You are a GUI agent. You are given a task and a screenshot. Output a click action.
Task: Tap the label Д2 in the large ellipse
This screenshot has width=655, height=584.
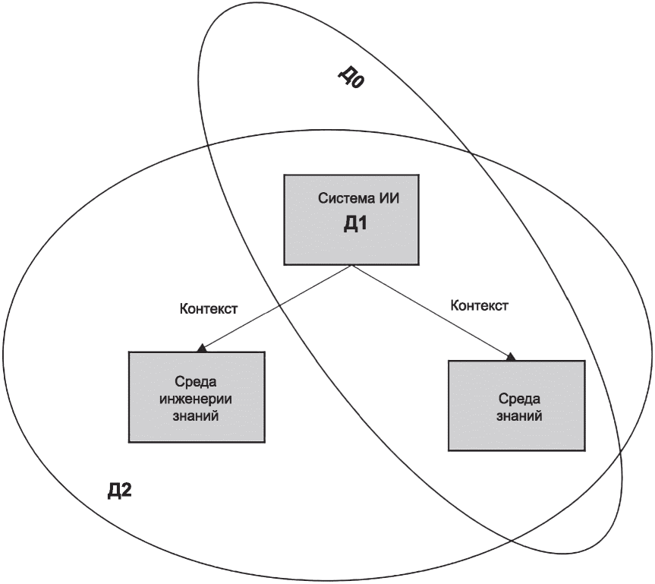click(x=120, y=490)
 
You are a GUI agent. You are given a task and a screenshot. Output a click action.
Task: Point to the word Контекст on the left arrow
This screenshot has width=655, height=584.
click(x=209, y=309)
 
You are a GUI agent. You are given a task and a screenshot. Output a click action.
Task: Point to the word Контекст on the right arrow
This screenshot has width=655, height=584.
click(x=480, y=306)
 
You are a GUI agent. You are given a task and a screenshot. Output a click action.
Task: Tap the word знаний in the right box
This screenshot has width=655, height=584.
click(x=517, y=415)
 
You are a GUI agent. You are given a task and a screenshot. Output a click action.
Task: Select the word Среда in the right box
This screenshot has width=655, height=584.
click(x=517, y=398)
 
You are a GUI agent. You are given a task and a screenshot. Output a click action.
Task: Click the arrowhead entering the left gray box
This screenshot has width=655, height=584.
click(x=201, y=349)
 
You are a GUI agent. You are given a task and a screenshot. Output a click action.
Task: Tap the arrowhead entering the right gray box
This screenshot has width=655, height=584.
click(x=512, y=356)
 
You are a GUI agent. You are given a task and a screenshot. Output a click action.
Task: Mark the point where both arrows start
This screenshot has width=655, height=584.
click(x=350, y=265)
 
